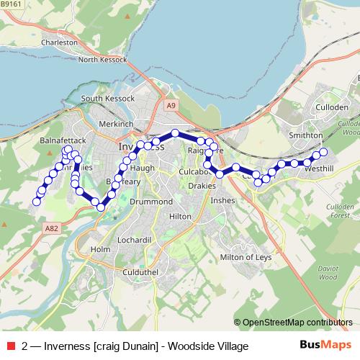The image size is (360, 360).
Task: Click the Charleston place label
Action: tap(59, 42)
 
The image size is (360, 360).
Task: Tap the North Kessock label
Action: tap(102, 60)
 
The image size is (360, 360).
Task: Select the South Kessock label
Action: tap(108, 98)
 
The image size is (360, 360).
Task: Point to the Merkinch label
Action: tap(116, 124)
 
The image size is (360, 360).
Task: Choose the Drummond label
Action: tap(151, 202)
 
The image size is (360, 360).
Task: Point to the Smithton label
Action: tap(305, 135)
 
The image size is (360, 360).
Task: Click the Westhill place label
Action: tap(320, 168)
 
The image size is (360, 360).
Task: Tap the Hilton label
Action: tap(179, 216)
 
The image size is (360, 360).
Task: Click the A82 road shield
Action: tap(50, 228)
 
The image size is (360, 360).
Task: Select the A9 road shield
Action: tap(171, 105)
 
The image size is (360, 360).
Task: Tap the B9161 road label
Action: tap(13, 4)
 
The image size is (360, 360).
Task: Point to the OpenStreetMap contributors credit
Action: tap(297, 322)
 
